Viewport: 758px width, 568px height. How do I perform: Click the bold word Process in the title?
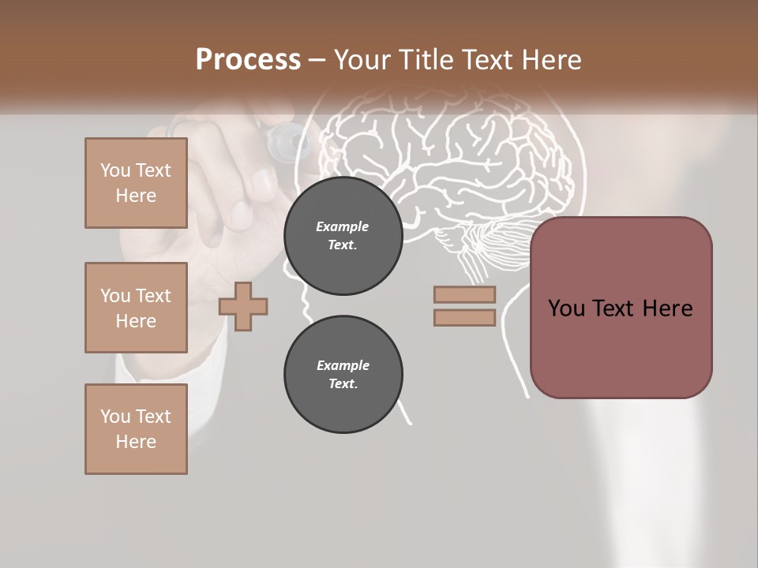click(248, 60)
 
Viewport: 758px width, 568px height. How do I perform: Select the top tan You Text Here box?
click(136, 183)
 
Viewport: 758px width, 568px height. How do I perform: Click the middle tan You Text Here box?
click(136, 308)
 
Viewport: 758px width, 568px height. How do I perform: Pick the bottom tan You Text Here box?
click(136, 429)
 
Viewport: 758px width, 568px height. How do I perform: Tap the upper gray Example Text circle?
click(343, 236)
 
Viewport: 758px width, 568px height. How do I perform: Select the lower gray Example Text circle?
click(343, 375)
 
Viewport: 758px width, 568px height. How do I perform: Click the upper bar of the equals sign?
click(464, 294)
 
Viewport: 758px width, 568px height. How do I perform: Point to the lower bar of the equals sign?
click(464, 317)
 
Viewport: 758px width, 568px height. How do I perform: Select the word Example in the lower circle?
click(343, 365)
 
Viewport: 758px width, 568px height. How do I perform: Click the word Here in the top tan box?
click(136, 196)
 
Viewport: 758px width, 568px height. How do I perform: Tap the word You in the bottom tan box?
click(115, 417)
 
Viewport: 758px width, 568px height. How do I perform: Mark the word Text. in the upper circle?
click(343, 245)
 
